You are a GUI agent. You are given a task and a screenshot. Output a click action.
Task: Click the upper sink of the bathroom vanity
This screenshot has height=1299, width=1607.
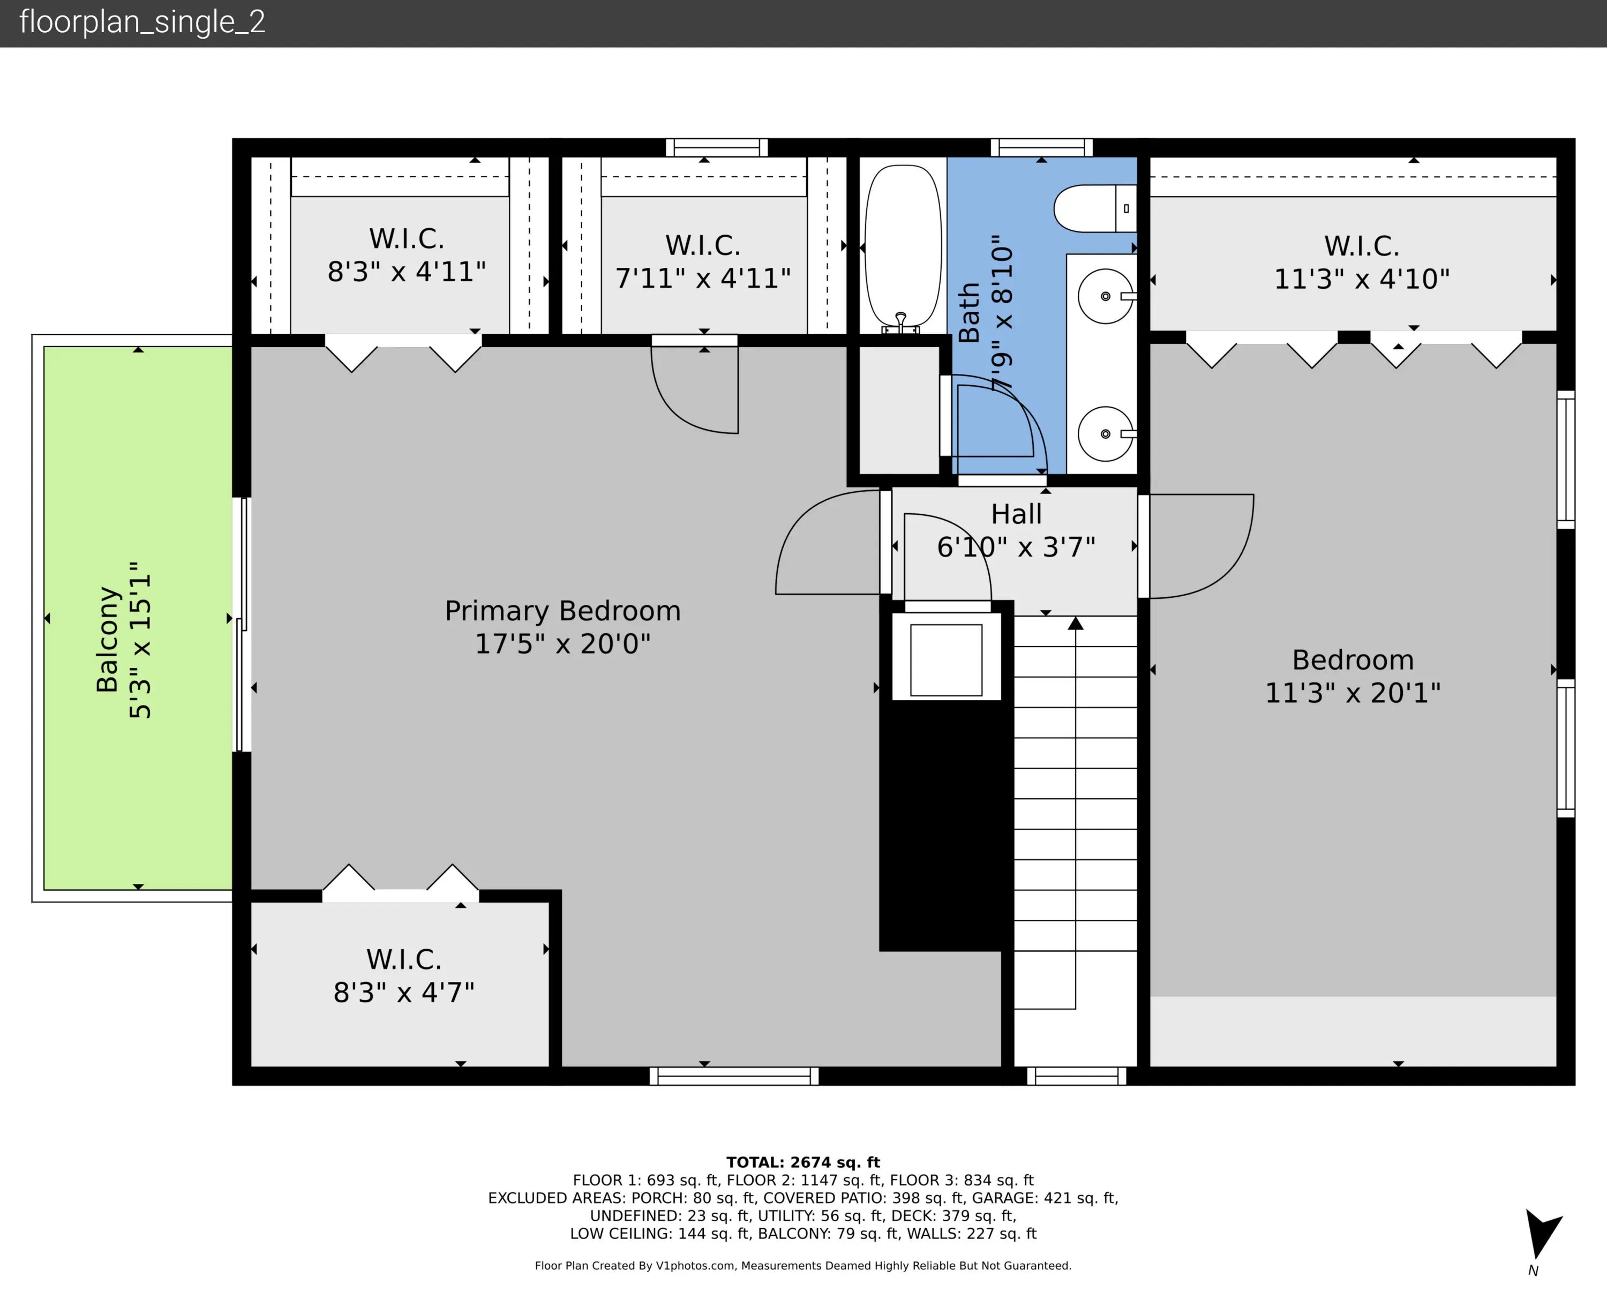click(x=1106, y=296)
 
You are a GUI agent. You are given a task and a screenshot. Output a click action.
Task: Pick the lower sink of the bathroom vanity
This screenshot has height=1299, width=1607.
click(x=1106, y=434)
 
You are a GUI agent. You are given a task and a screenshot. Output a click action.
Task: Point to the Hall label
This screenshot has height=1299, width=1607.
click(x=1016, y=514)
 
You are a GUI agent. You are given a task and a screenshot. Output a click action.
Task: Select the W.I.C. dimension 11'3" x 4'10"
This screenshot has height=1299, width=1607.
click(x=1362, y=279)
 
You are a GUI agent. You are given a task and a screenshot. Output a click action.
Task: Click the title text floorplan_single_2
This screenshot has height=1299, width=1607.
click(x=142, y=22)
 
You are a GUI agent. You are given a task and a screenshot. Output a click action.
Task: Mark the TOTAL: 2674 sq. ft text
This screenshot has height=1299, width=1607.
click(x=803, y=1162)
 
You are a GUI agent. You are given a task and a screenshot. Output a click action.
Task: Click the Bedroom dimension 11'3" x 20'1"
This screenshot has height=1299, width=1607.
click(x=1353, y=693)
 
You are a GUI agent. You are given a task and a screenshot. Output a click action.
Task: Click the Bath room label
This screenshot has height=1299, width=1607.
click(x=969, y=312)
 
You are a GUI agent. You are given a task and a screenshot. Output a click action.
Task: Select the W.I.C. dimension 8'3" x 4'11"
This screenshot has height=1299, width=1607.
click(x=406, y=272)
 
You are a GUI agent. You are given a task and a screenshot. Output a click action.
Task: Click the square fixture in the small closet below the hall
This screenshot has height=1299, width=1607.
click(x=945, y=660)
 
